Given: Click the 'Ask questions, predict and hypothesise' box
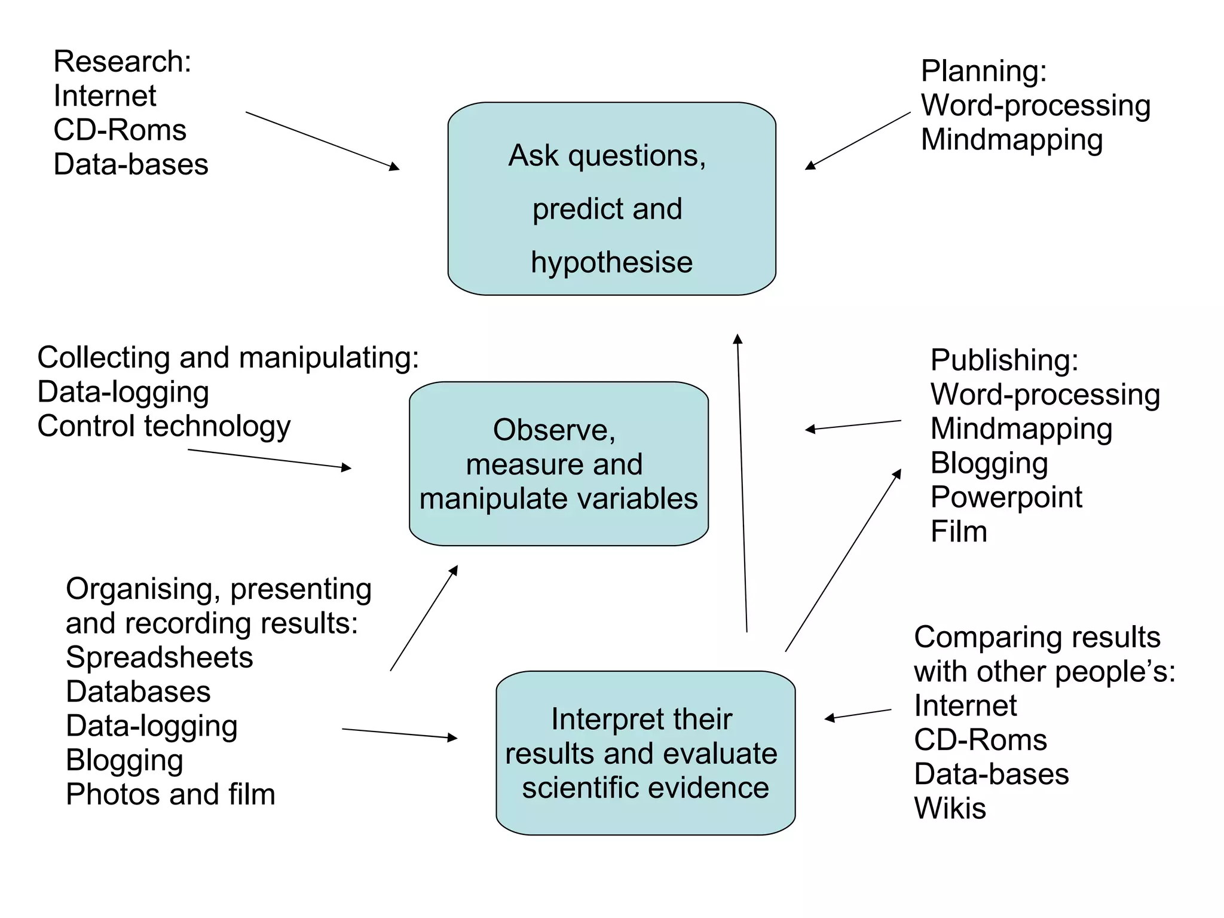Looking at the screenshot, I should point(611,198).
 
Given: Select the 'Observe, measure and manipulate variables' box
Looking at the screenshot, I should point(558,464).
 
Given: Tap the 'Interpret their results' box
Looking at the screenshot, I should point(645,752).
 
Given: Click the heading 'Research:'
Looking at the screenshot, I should point(123,62).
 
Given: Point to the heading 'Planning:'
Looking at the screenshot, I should point(984,71).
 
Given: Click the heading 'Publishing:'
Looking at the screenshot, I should point(1004,360).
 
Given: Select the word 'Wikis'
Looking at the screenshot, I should point(950,808).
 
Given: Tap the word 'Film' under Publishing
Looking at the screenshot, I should point(959,531).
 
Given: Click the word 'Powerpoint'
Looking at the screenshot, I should point(1006,497).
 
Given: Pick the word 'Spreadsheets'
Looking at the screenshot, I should point(159,657).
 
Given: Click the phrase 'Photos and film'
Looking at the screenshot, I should point(170,794).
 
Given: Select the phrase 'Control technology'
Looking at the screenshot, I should point(164,427).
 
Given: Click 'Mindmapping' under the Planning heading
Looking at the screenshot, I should point(1011,140).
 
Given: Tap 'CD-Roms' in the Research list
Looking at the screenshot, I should point(120,130).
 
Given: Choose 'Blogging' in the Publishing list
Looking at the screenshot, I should point(989,463).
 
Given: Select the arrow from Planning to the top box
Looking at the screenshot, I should point(858,140).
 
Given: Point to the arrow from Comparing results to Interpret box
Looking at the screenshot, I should point(858,714).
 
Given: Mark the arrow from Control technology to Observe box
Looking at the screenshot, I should point(270,459).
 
